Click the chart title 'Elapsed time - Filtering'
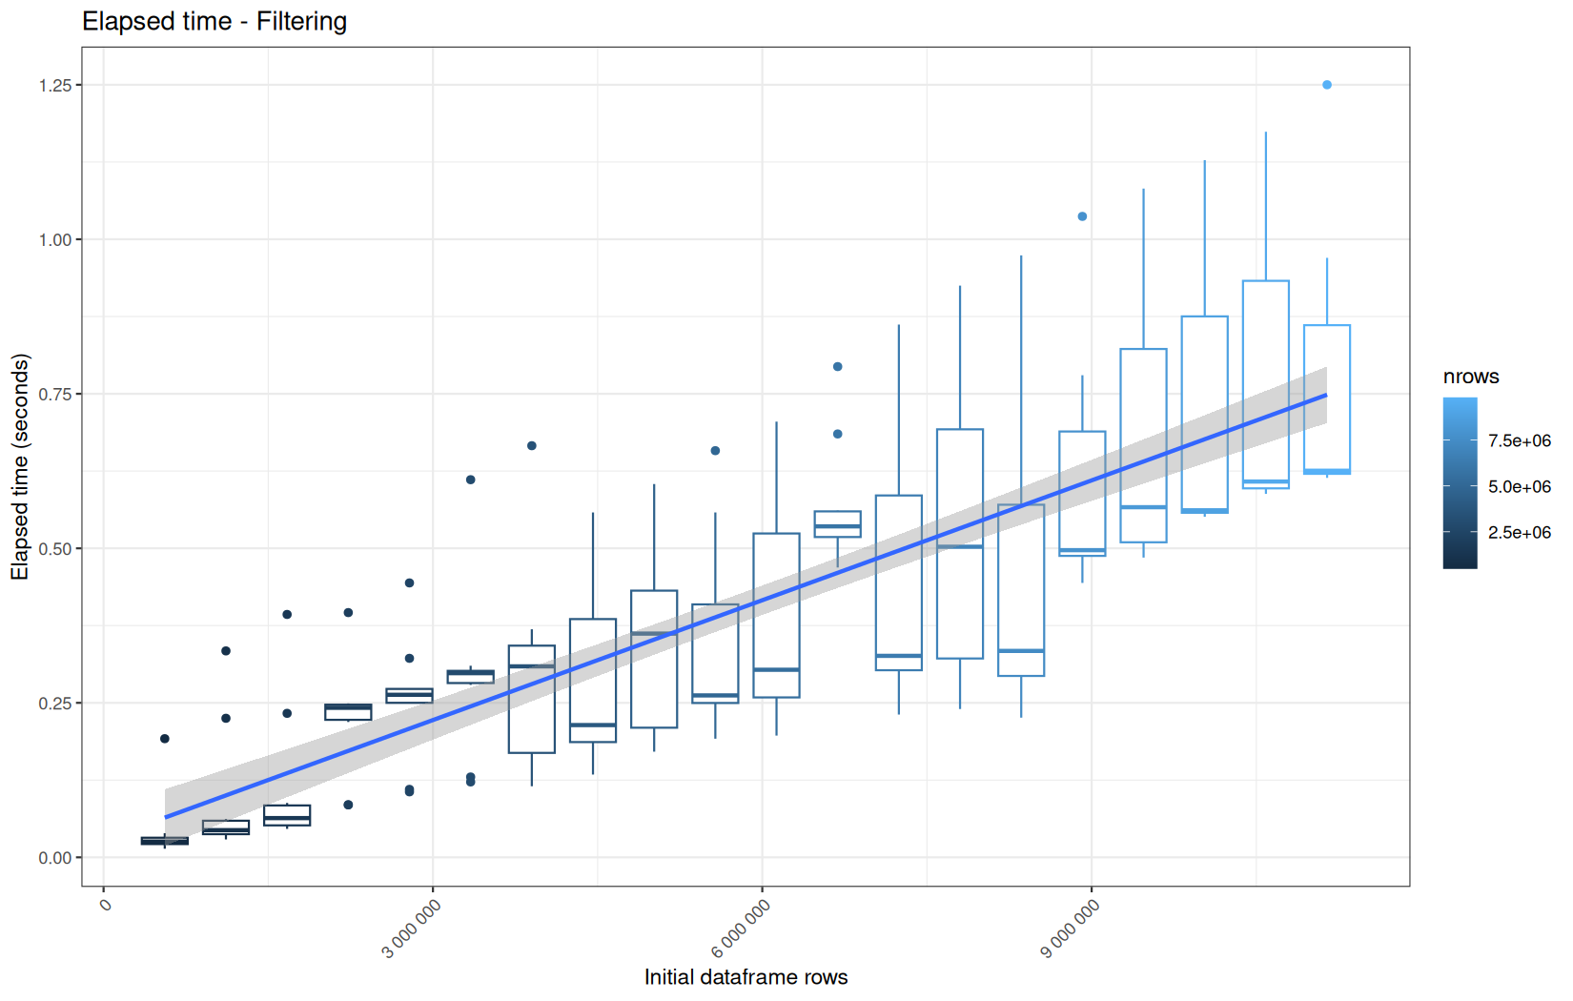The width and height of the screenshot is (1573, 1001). (214, 21)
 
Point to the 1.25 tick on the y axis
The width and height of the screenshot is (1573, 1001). (55, 85)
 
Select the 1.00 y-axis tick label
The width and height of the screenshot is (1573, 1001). (55, 239)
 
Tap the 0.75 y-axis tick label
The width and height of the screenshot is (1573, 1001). (55, 394)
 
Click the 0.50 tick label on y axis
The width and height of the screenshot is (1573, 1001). (55, 548)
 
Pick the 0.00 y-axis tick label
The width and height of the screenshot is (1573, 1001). (55, 858)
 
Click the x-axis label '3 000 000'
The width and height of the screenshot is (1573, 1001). (412, 929)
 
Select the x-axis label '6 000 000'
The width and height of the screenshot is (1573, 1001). (741, 929)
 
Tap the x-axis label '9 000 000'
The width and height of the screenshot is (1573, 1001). (1071, 929)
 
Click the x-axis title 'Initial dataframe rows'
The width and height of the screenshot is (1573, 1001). (746, 977)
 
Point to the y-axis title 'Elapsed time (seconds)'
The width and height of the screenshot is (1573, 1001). (20, 466)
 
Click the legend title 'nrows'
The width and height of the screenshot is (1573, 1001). (1471, 377)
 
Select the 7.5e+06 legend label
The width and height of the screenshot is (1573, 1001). (1520, 440)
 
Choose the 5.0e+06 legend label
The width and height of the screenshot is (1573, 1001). (1520, 487)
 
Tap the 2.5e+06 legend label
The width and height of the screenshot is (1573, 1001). (1520, 533)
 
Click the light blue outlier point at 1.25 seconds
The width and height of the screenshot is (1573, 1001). (1326, 85)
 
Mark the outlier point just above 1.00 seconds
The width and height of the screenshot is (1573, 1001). (1082, 216)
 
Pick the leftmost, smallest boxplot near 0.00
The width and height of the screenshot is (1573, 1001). (164, 841)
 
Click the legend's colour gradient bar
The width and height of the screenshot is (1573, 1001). (1460, 483)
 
